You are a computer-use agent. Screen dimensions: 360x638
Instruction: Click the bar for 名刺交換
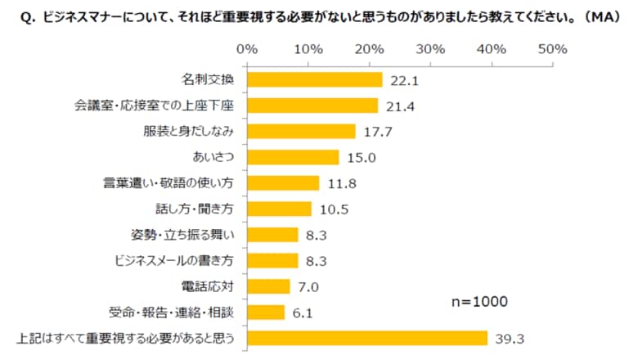[x=314, y=79]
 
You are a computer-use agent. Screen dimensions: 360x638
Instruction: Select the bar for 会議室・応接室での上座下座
[x=312, y=106]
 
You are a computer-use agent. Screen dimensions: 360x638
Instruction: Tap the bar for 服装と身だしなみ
[x=300, y=131]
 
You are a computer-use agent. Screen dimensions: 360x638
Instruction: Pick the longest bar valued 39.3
[x=366, y=337]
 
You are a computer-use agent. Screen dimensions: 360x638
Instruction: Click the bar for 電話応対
[x=267, y=286]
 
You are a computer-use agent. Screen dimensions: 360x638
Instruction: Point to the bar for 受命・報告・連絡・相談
[x=265, y=312]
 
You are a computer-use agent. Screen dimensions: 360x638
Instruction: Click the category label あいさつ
[x=212, y=157]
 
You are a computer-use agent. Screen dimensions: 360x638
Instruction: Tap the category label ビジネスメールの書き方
[x=176, y=260]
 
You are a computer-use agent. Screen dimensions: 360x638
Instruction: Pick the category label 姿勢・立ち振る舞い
[x=189, y=235]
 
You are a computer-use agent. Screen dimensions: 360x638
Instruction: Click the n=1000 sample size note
[x=479, y=302]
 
